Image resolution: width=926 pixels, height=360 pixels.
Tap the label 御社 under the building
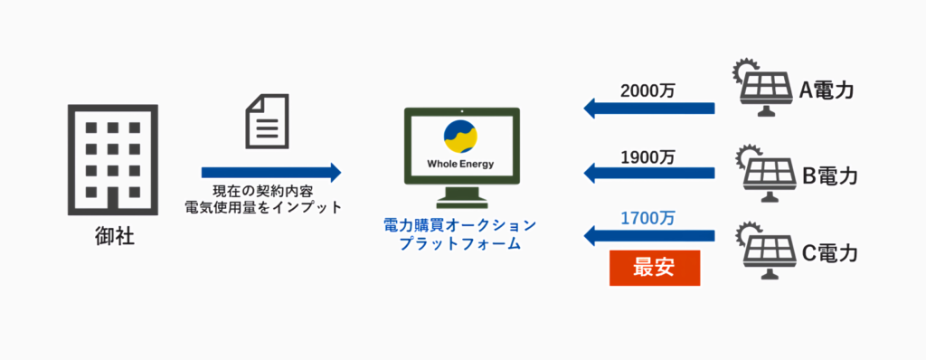point(112,240)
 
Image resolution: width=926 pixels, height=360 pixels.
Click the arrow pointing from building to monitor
point(270,172)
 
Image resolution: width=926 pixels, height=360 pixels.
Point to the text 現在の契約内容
point(269,192)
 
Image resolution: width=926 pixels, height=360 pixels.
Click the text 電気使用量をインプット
point(270,208)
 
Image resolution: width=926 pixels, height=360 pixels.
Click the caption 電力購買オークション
point(459,225)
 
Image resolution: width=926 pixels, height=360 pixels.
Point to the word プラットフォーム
point(459,243)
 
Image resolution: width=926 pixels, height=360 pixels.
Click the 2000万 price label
point(647,90)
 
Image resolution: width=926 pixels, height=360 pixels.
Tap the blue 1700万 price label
point(647,218)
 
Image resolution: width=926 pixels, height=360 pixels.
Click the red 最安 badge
point(655,269)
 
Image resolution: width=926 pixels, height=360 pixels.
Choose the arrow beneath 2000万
point(648,109)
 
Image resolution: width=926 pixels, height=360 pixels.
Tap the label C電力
point(829,252)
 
